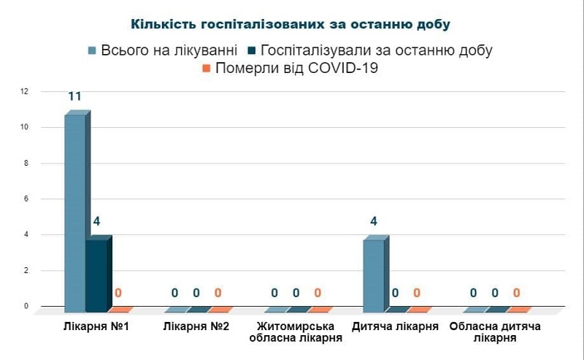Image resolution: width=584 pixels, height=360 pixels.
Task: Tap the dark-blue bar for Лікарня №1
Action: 96,273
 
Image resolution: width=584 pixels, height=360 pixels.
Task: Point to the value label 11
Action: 74,96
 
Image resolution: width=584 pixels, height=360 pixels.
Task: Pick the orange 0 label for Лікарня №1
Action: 118,293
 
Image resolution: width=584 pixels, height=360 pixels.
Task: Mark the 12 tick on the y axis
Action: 24,91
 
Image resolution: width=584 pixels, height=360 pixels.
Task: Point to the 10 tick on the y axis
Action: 24,127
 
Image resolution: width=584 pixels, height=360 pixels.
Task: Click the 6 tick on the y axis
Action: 25,199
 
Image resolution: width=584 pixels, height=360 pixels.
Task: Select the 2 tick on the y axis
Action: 25,270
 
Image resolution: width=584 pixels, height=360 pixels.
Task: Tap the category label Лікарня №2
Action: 196,326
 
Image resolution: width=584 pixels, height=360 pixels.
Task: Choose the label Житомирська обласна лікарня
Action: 296,332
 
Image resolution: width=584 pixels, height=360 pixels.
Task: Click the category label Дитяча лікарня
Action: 395,326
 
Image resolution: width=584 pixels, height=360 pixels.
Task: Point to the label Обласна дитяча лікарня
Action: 494,332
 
